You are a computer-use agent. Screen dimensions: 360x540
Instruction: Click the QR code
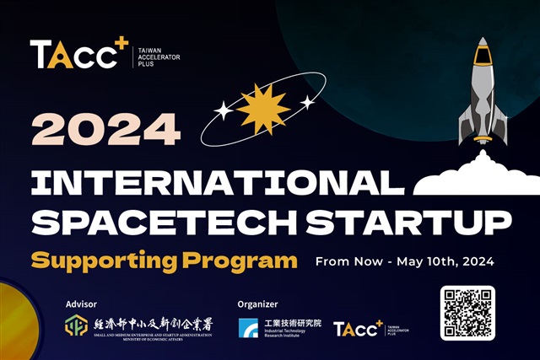[467, 313]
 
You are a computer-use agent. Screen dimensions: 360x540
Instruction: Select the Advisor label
[81, 304]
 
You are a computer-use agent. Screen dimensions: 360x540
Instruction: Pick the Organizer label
[258, 304]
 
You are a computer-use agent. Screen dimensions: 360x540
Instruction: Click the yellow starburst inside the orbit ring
[263, 108]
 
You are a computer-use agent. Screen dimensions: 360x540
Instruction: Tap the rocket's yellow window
[482, 56]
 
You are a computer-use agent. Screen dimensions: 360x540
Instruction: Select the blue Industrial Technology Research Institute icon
[248, 328]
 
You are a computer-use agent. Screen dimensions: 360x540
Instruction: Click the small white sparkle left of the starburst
[223, 109]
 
